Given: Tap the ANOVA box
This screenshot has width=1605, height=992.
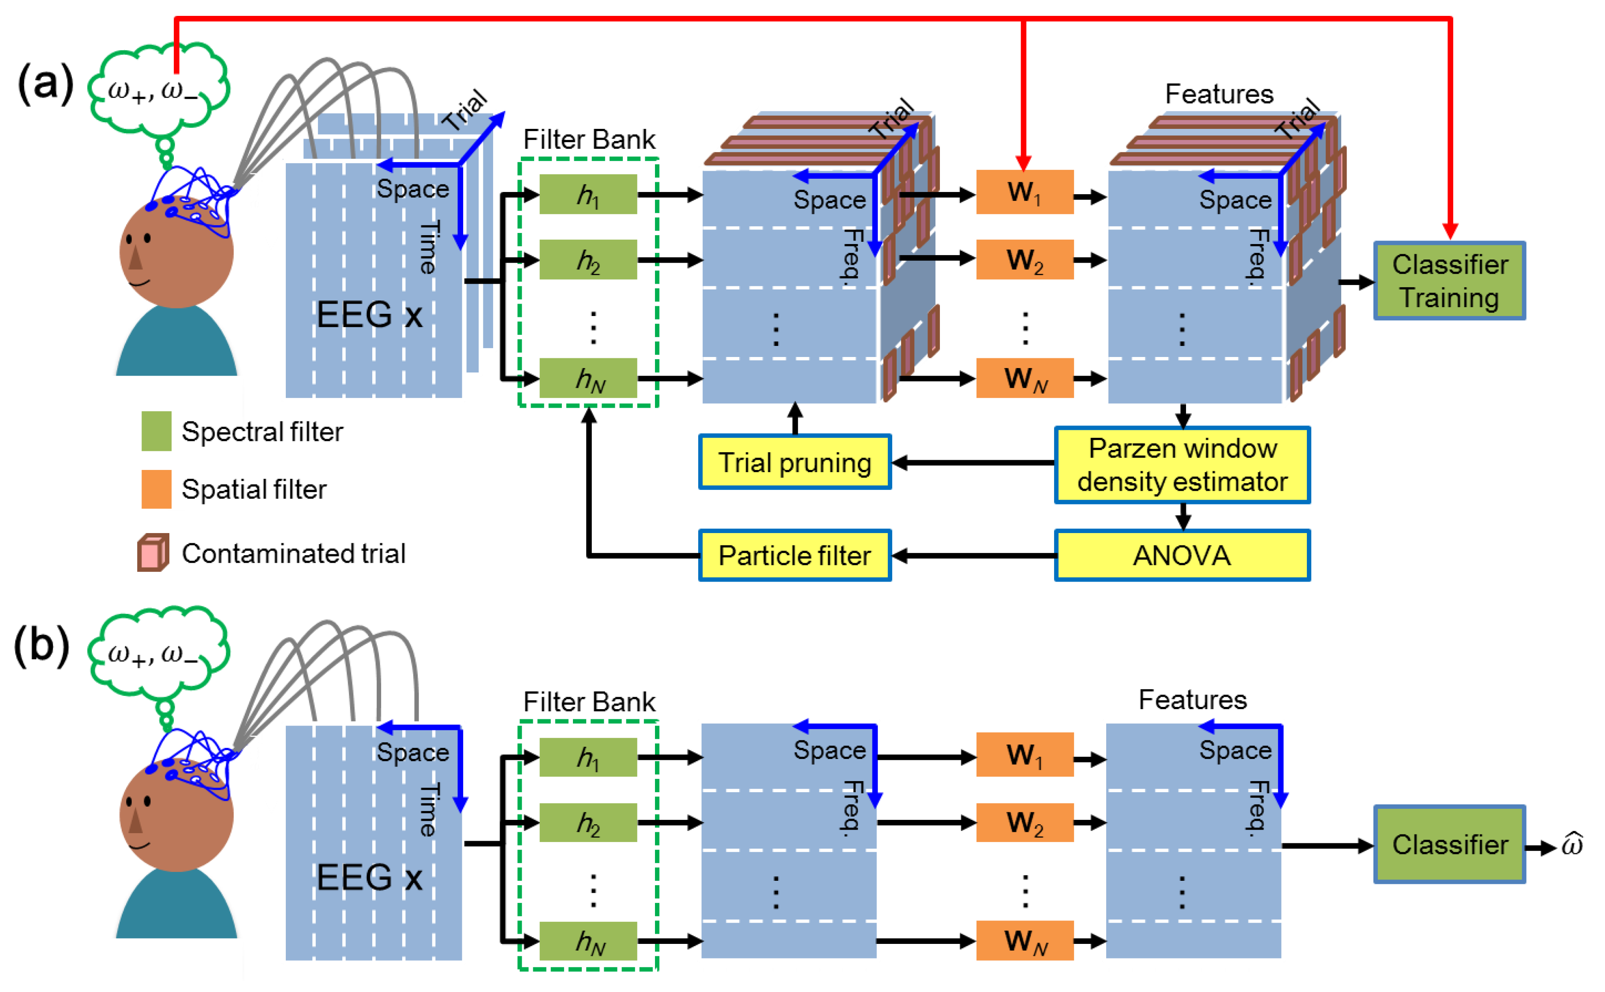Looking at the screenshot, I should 1182,555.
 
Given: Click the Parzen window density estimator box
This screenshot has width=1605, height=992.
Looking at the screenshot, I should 1182,465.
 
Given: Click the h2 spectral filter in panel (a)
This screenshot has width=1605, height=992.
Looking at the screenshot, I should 587,260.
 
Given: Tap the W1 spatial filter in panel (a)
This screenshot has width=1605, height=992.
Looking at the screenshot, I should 1024,192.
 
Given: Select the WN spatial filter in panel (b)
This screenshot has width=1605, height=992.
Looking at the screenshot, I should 1024,940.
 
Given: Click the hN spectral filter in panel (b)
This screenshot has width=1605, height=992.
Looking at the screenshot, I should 587,940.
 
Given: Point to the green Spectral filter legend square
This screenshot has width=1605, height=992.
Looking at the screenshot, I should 156,431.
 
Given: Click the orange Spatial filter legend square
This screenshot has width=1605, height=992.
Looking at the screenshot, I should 156,489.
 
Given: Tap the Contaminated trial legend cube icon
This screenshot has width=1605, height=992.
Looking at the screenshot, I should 153,552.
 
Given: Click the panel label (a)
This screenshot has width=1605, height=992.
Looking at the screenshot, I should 45,83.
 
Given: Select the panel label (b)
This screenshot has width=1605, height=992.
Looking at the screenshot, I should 42,646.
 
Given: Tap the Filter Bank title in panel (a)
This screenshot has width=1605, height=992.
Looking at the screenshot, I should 588,139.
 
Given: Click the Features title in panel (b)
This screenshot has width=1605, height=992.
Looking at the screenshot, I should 1192,699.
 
